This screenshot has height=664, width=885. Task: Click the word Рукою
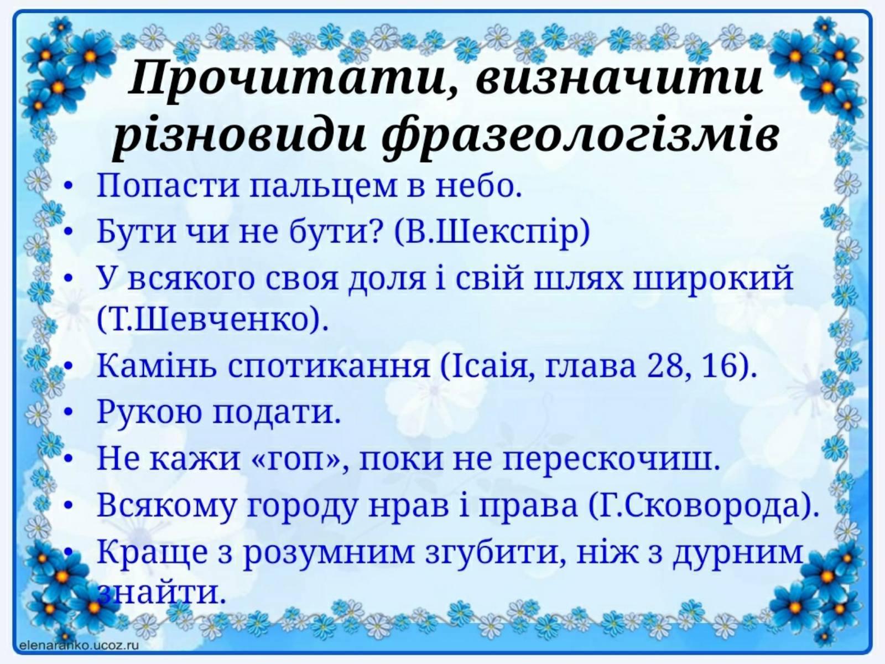tap(149, 412)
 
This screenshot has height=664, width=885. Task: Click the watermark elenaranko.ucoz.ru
tap(79, 645)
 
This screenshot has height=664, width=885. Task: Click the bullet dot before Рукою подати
tap(69, 412)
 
